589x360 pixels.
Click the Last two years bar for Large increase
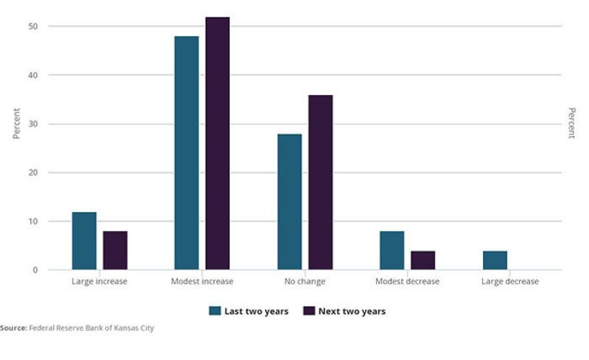tap(84, 241)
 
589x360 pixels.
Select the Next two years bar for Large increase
tap(115, 250)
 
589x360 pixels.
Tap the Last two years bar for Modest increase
tap(186, 153)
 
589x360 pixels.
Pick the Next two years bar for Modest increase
tap(217, 144)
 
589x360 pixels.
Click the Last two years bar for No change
tap(289, 202)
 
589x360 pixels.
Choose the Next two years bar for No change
tap(320, 183)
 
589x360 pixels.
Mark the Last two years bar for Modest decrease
tap(392, 250)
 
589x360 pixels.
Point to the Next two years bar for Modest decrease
tap(423, 261)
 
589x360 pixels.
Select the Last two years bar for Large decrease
tap(495, 261)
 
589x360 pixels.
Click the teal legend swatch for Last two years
tap(215, 311)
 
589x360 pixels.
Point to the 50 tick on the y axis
tap(33, 27)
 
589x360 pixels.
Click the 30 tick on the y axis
tap(33, 124)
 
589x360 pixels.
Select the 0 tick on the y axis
tap(35, 270)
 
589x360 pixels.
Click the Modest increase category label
tap(202, 282)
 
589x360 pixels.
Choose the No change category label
tap(305, 282)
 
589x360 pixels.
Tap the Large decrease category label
tap(509, 282)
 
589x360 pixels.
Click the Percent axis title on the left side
tap(16, 124)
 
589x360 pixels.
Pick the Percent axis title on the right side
tap(571, 124)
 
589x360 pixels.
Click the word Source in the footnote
tap(13, 328)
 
